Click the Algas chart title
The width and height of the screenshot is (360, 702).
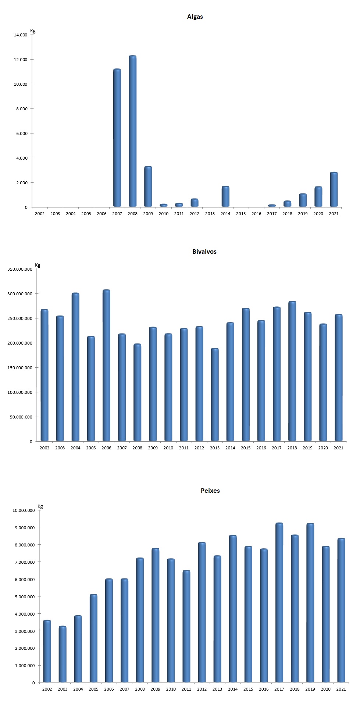[195, 17]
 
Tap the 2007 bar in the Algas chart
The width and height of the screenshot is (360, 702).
[117, 138]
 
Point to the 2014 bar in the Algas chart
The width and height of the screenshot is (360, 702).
[225, 197]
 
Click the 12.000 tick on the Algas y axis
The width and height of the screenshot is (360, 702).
[21, 60]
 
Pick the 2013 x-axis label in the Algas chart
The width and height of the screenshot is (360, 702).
[210, 214]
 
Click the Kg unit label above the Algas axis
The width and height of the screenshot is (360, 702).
[33, 31]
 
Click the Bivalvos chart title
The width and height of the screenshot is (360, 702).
[204, 252]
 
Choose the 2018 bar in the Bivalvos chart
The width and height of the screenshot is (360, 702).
[292, 371]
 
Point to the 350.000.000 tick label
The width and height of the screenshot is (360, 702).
[20, 269]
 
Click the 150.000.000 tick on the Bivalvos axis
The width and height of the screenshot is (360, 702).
[20, 368]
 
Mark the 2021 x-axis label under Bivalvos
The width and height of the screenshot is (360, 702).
[338, 448]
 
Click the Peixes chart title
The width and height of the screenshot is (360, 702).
[210, 491]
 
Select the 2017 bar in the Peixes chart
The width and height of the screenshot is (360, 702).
[279, 603]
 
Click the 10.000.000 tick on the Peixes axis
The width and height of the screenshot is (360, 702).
[24, 510]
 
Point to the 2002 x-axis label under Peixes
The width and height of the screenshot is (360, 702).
[47, 689]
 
